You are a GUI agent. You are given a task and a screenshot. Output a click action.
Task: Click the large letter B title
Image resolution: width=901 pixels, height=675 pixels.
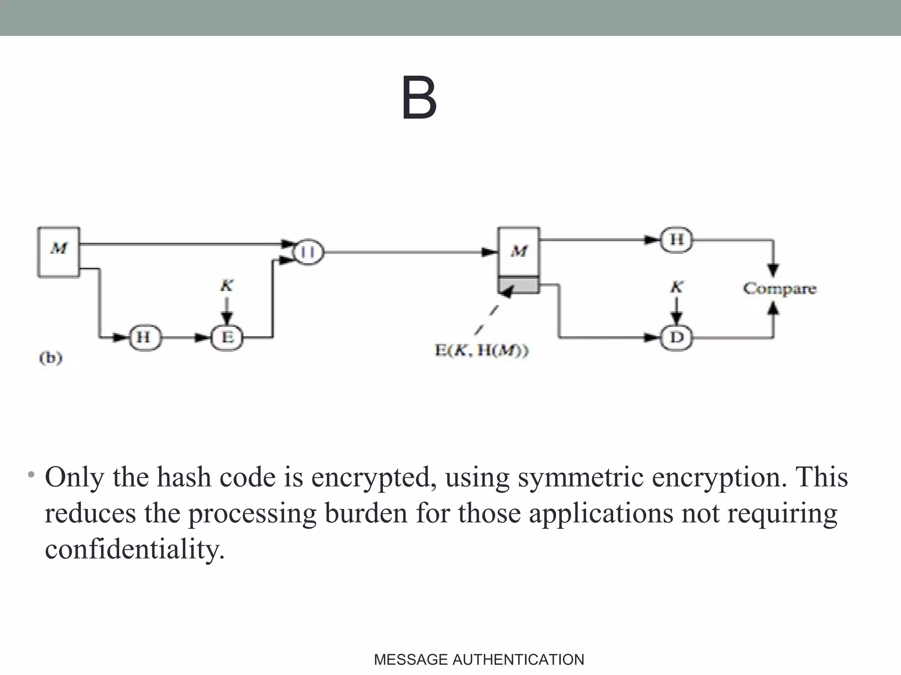tap(419, 98)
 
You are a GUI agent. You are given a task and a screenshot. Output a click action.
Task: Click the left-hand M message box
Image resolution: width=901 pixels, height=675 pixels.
tap(59, 252)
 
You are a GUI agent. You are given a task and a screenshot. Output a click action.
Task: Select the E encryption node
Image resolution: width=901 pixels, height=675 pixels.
tap(227, 337)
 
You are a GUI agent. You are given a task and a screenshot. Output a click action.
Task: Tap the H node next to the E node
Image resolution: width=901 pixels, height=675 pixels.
tap(144, 337)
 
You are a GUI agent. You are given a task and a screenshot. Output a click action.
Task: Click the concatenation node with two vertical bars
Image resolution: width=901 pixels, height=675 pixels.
tap(309, 252)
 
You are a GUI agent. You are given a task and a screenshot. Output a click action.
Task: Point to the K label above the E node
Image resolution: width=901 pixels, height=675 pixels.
tap(227, 286)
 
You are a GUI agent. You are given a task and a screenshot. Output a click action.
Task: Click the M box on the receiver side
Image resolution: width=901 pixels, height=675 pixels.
tap(519, 251)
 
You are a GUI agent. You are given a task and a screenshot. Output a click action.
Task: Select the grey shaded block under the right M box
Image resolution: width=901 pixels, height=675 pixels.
tap(519, 285)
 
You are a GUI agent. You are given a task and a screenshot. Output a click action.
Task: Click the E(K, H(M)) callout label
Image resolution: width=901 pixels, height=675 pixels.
tap(481, 351)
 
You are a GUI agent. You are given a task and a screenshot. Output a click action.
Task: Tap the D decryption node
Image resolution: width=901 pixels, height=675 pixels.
tap(677, 337)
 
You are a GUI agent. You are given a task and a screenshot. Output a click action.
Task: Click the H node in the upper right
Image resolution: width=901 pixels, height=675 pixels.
tap(677, 240)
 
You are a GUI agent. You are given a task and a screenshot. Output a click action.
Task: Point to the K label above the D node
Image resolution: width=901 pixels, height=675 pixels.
tap(677, 287)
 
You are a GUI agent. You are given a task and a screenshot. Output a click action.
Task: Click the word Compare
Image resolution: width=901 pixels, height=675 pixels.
tap(780, 289)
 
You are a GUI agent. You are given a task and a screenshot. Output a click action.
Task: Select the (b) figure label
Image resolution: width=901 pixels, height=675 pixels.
tap(51, 358)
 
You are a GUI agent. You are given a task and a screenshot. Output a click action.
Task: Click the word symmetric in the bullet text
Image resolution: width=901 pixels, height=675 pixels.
tap(580, 477)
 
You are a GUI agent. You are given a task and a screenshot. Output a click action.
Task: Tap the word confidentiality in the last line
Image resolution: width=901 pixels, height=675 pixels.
tap(134, 549)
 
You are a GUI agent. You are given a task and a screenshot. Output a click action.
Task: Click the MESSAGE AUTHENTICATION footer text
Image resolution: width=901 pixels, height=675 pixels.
tap(479, 660)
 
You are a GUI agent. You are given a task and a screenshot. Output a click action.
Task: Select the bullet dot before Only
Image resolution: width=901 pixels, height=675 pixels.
tap(30, 475)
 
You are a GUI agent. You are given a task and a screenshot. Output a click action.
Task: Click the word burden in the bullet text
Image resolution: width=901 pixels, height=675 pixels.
tap(366, 513)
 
